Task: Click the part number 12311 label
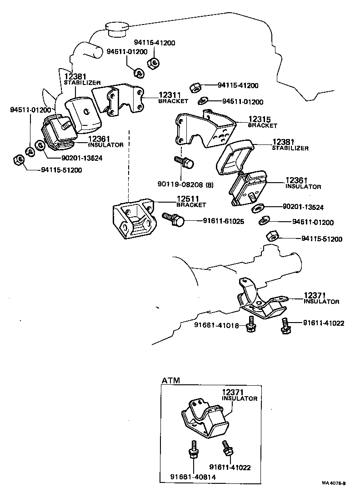click(x=170, y=95)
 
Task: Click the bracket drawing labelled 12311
click(x=119, y=101)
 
